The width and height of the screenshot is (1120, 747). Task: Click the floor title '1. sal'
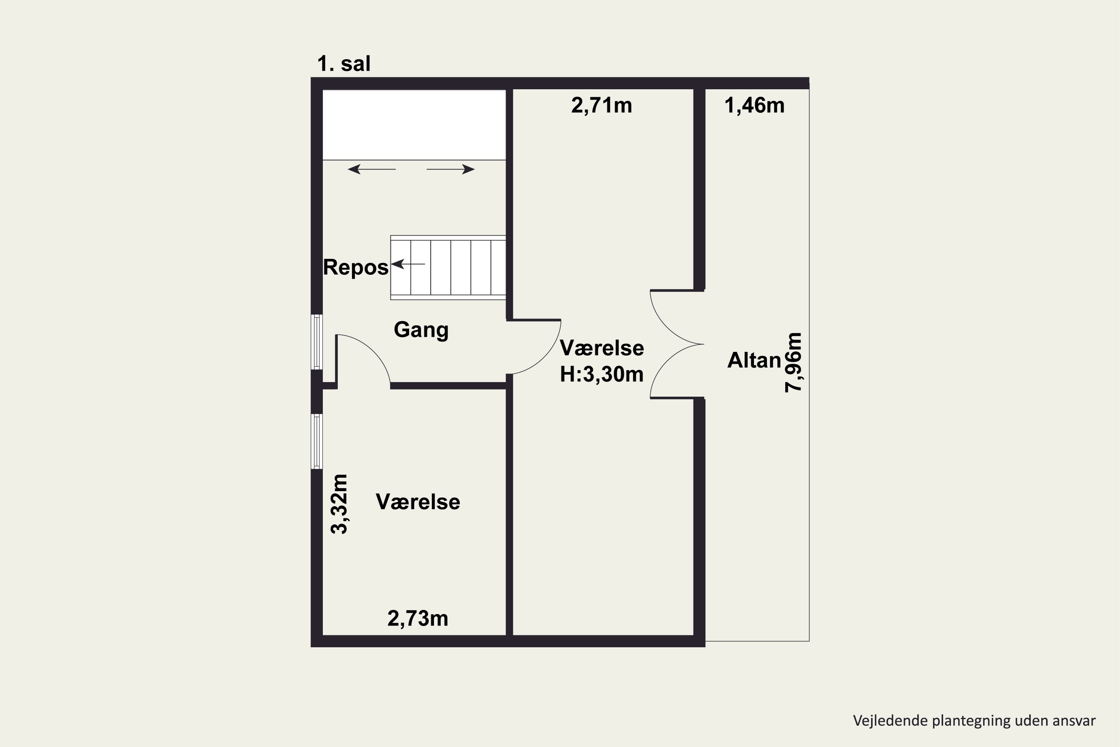click(x=343, y=64)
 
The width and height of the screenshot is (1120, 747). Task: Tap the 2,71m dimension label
click(x=601, y=105)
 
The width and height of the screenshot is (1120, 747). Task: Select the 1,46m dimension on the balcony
click(x=754, y=105)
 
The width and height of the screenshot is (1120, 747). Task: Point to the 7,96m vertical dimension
click(x=793, y=362)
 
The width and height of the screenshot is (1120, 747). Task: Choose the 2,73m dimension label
click(x=418, y=619)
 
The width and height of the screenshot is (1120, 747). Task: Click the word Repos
click(x=356, y=267)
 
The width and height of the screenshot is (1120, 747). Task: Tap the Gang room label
click(x=421, y=330)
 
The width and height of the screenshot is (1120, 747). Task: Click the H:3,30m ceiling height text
click(x=601, y=375)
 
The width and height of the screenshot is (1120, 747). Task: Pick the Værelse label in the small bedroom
click(x=418, y=502)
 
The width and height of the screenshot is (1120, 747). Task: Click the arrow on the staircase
click(x=408, y=264)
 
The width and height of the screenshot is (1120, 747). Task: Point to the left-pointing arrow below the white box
click(x=371, y=169)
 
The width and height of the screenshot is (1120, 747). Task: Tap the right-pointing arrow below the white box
click(x=451, y=169)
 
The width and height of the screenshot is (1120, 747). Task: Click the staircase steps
click(x=448, y=267)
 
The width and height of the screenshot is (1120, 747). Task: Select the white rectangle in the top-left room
click(x=414, y=125)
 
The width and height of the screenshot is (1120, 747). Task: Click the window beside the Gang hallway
click(x=317, y=342)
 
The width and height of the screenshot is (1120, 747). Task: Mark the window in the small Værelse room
click(x=317, y=441)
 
